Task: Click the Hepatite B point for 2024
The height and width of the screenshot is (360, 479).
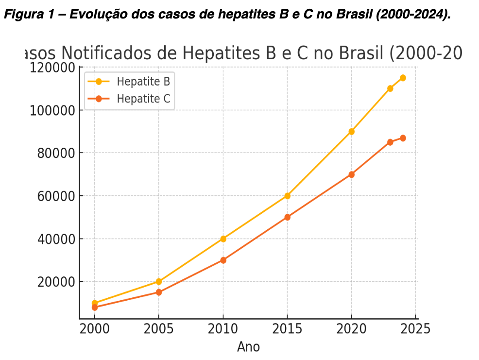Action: click(403, 78)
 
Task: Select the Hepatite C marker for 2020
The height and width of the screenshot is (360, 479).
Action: click(351, 174)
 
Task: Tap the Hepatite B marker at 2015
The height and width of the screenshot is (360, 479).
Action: click(287, 196)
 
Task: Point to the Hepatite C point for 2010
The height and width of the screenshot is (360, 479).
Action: click(223, 260)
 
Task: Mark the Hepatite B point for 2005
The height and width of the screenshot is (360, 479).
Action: click(159, 281)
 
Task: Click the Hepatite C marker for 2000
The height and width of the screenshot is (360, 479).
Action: click(95, 308)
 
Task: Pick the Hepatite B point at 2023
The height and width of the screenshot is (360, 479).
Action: click(390, 88)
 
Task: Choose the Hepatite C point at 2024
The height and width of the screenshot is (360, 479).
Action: click(403, 138)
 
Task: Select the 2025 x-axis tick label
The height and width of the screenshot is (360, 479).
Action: click(415, 329)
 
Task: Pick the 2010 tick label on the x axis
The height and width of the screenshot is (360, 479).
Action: click(223, 329)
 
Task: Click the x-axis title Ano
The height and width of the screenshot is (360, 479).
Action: click(248, 347)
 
